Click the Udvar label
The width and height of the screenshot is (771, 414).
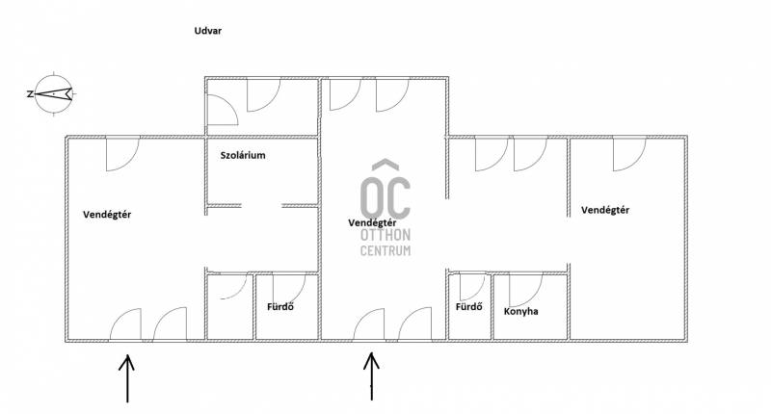[x=208, y=31]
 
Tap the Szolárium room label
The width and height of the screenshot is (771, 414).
[x=243, y=156]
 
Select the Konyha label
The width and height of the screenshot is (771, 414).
[x=520, y=311]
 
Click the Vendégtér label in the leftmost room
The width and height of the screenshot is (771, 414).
[x=107, y=215]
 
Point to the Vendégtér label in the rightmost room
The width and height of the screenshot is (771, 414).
[x=605, y=210]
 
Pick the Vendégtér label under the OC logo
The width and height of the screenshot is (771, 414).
[x=372, y=223]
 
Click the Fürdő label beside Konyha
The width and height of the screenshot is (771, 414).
[x=469, y=307]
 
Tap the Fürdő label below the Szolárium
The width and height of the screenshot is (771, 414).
[x=280, y=307]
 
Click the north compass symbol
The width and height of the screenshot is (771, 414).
[x=54, y=93]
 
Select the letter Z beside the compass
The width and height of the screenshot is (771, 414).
[x=30, y=93]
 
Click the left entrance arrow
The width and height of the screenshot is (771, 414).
[x=127, y=378]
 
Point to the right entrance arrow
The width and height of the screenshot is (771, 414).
[x=371, y=376]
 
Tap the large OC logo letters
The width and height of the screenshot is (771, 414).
[x=385, y=197]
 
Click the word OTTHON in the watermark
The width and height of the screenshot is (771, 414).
[x=385, y=235]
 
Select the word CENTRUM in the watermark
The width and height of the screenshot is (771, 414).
[x=385, y=250]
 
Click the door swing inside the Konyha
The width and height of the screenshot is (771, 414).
[x=526, y=290]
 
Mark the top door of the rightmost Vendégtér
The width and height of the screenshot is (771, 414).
[x=629, y=154]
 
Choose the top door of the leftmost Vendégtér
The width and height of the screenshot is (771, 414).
[x=122, y=154]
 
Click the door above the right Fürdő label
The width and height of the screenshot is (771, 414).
[x=472, y=287]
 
